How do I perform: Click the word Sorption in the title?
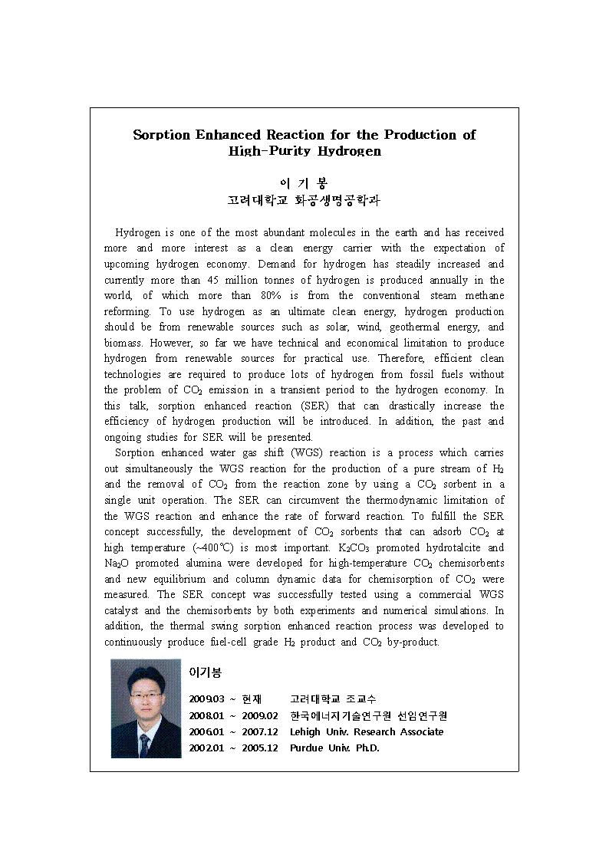click(161, 135)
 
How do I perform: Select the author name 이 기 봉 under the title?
click(304, 184)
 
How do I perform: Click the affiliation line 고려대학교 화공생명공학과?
click(304, 201)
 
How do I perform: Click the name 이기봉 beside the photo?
click(206, 672)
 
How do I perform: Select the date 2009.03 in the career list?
click(206, 698)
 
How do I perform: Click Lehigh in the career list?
click(305, 731)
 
